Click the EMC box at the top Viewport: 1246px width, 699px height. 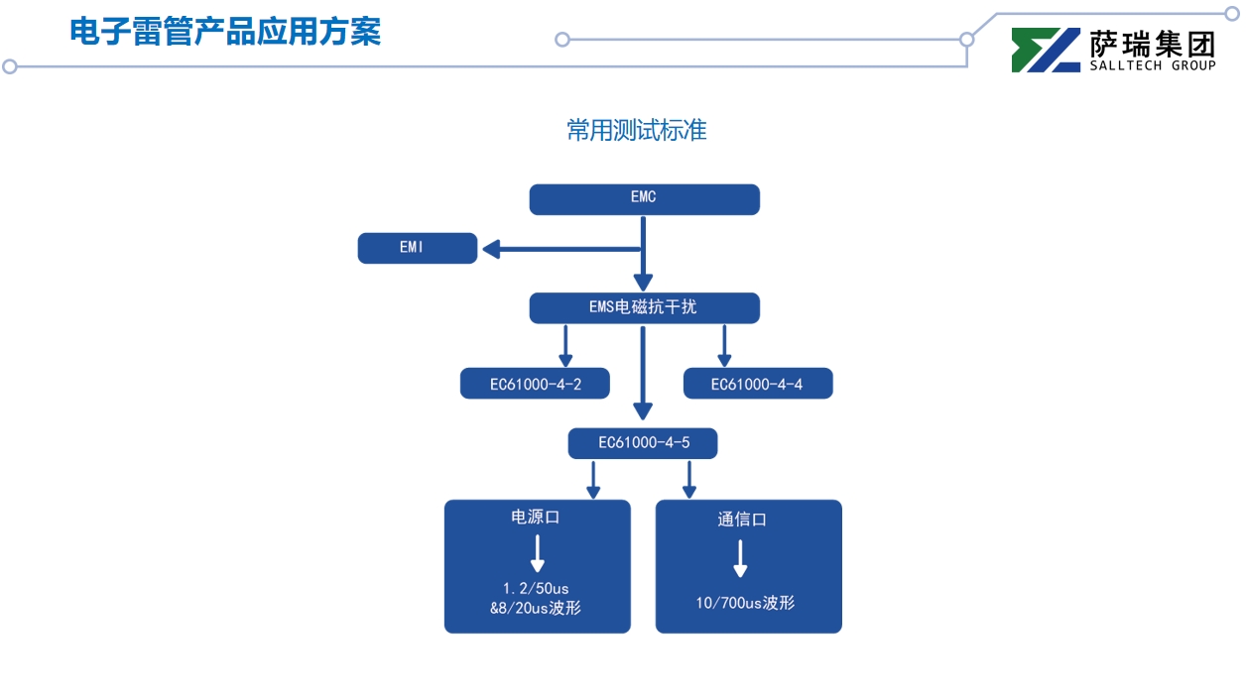pyautogui.click(x=644, y=198)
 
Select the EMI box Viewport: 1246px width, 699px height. pyautogui.click(x=417, y=248)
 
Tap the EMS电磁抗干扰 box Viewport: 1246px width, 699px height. pyautogui.click(x=644, y=307)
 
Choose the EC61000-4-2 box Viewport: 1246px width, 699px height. pyautogui.click(x=535, y=384)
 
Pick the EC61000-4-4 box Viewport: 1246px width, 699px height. pyautogui.click(x=757, y=384)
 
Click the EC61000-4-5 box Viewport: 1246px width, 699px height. pyautogui.click(x=643, y=442)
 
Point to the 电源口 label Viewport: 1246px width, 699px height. pyautogui.click(x=536, y=518)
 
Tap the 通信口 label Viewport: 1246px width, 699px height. pyautogui.click(x=742, y=520)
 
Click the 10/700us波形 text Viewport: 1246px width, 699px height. pyautogui.click(x=745, y=603)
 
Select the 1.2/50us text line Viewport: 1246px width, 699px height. pyautogui.click(x=536, y=589)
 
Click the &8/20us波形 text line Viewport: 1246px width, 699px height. pyautogui.click(x=536, y=608)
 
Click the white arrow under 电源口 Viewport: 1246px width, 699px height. pyautogui.click(x=537, y=555)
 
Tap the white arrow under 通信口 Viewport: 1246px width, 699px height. pyautogui.click(x=740, y=559)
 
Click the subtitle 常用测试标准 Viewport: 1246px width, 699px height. pyautogui.click(x=636, y=130)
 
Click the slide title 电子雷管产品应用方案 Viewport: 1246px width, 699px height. pyautogui.click(x=225, y=32)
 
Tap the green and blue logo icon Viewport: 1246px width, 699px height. pyautogui.click(x=1046, y=51)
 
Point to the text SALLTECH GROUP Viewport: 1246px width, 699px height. pyautogui.click(x=1152, y=66)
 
